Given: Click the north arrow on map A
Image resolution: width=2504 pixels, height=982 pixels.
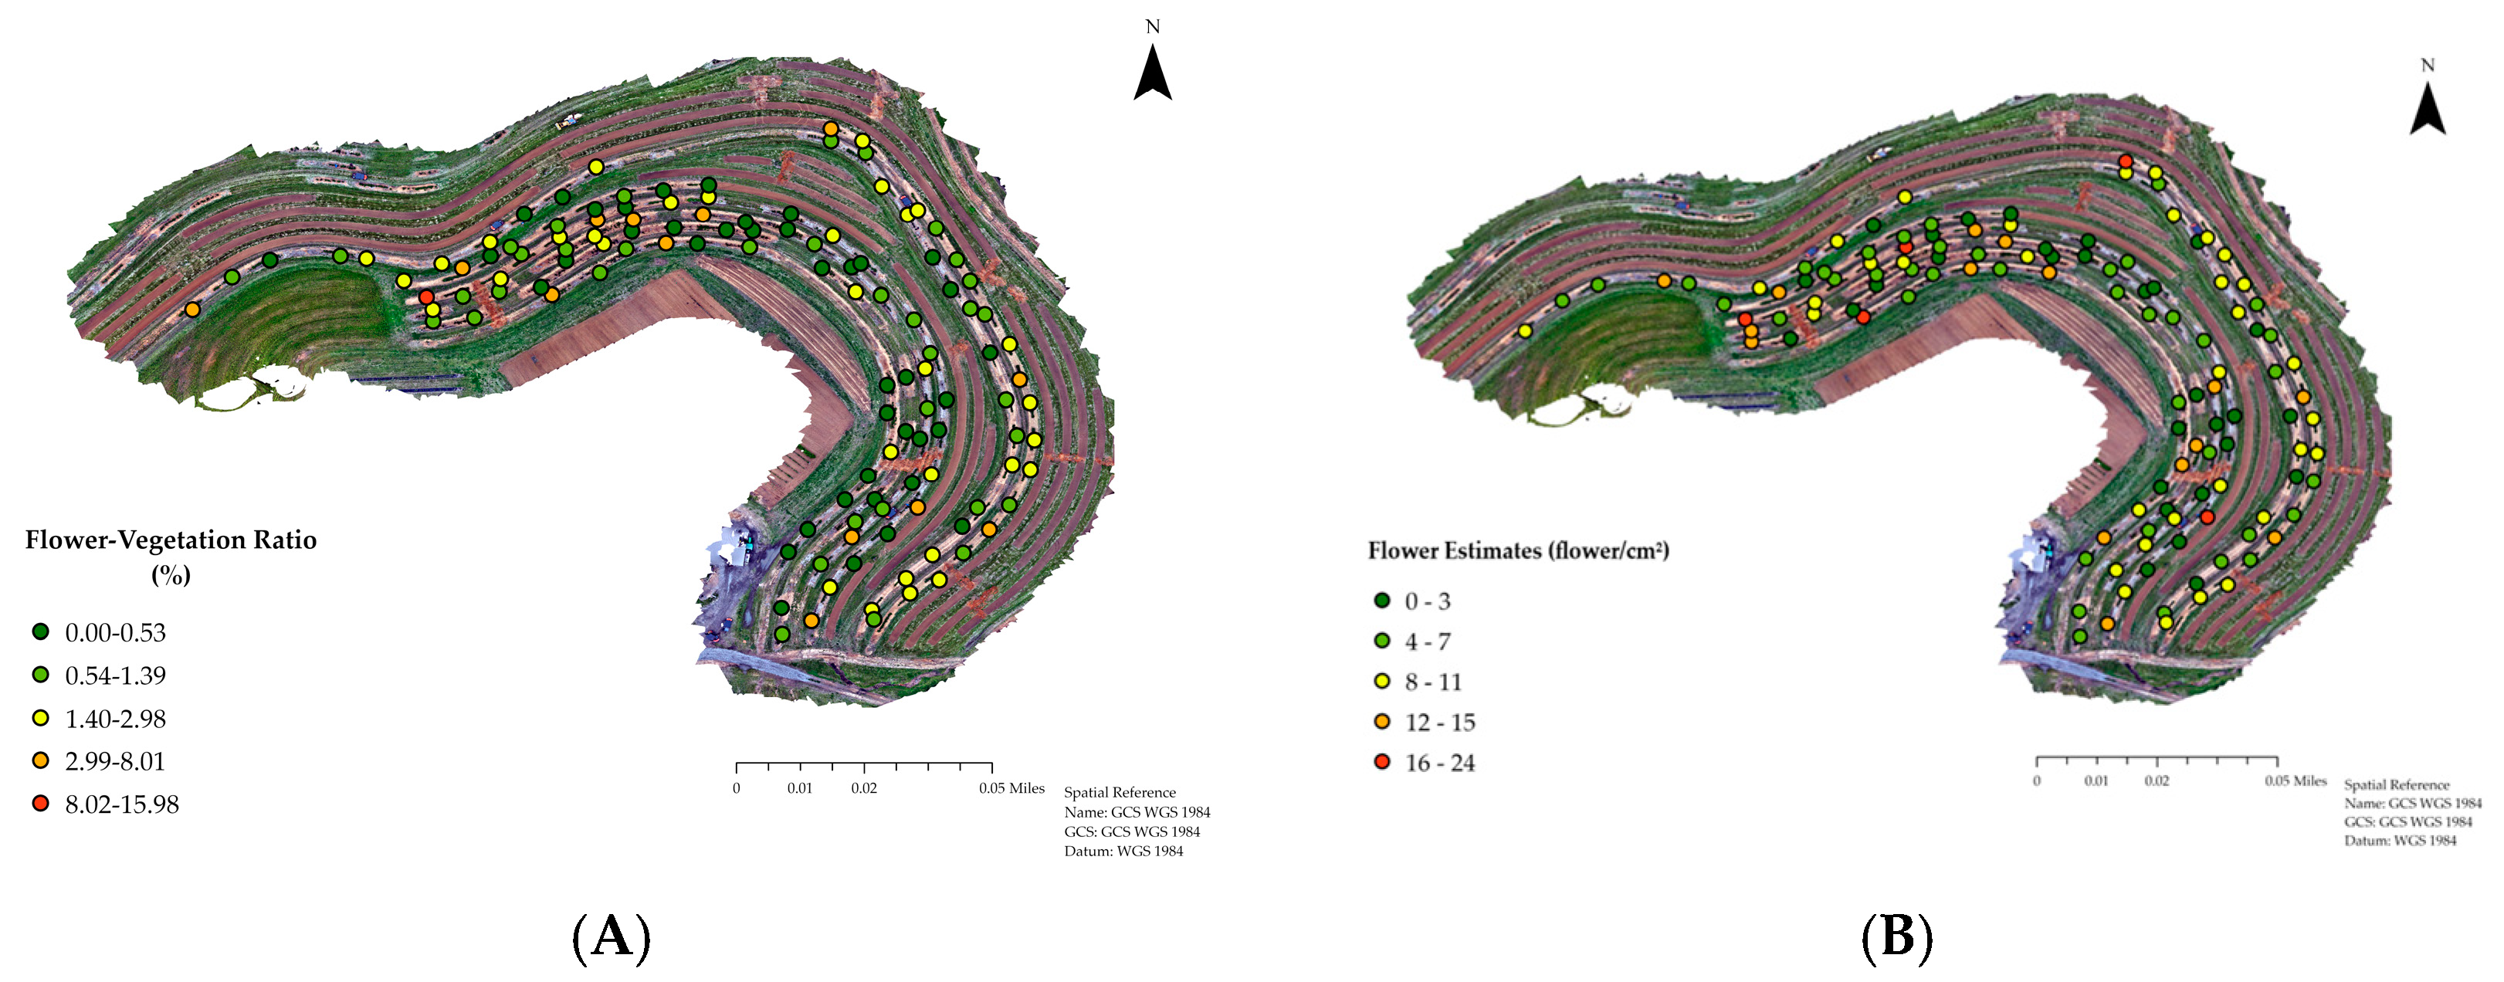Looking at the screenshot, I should (1152, 73).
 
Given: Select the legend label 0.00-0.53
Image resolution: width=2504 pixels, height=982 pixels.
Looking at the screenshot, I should (115, 633).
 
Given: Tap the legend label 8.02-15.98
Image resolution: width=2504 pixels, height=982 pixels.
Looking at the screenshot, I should (121, 805).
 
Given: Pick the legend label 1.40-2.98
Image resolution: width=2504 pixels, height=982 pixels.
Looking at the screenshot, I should (115, 720).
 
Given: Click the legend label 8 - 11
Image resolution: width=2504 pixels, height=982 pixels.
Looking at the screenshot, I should (1433, 682).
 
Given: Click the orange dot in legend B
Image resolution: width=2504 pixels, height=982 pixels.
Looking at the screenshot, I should (1382, 721).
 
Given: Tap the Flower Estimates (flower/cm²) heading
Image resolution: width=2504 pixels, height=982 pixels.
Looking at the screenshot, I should (1518, 551).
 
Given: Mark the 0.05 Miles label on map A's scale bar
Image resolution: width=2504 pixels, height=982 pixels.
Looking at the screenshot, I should (1011, 788).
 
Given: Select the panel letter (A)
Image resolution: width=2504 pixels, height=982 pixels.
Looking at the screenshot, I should (611, 937).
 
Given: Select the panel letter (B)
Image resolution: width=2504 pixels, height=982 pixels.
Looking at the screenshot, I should (1896, 937).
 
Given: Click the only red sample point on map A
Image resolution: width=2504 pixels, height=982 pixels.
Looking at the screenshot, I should (425, 296).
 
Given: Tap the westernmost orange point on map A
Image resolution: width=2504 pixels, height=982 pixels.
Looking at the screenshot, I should (192, 309).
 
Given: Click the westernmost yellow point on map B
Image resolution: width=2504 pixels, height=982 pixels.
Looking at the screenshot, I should (1525, 331).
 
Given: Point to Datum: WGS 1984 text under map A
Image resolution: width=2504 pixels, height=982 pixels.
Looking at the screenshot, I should (1123, 852).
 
